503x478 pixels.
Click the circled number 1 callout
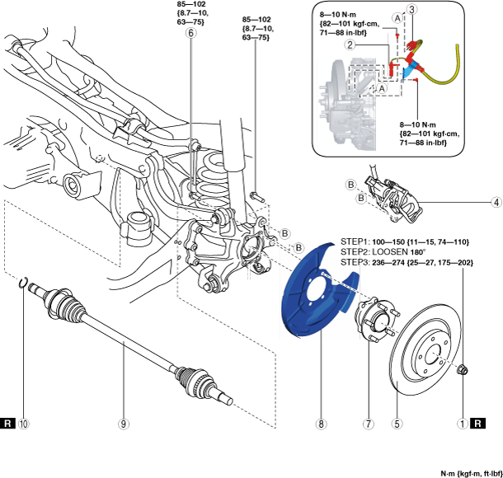point(463,424)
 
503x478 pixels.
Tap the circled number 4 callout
point(496,202)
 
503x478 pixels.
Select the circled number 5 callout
point(397,424)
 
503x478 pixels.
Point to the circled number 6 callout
point(190,33)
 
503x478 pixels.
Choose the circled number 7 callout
point(369,424)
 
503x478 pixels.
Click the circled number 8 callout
point(321,424)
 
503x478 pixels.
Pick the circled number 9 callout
point(124,424)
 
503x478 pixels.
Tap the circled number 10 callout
point(24,424)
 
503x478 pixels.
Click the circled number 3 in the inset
point(412,10)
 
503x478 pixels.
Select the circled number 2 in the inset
point(350,45)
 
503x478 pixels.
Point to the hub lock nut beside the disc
point(463,369)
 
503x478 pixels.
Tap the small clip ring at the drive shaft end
point(22,283)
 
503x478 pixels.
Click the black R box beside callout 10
point(7,424)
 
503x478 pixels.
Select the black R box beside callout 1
point(477,424)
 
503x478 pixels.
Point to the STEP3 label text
point(355,263)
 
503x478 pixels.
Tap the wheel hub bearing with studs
point(378,320)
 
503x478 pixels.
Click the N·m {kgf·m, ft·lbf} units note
point(471,474)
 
